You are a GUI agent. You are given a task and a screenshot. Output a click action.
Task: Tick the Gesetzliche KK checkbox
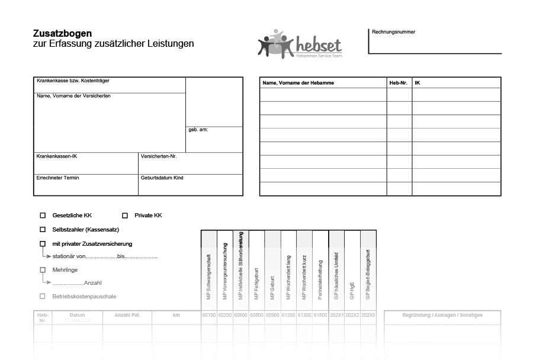pyautogui.click(x=43, y=216)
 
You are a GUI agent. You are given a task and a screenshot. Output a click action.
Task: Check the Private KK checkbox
pyautogui.click(x=125, y=216)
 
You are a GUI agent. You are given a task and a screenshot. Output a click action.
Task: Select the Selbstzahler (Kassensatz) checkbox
pyautogui.click(x=43, y=229)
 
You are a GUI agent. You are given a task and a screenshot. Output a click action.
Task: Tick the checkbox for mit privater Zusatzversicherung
pyautogui.click(x=43, y=243)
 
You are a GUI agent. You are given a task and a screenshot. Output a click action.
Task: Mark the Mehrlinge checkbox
pyautogui.click(x=43, y=270)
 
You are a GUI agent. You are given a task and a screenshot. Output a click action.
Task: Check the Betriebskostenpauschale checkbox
pyautogui.click(x=43, y=296)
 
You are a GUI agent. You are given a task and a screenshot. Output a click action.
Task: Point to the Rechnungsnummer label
pyautogui.click(x=393, y=32)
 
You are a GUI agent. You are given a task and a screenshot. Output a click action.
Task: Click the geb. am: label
pyautogui.click(x=198, y=130)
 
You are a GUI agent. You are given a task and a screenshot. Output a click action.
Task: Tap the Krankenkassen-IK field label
pyautogui.click(x=57, y=156)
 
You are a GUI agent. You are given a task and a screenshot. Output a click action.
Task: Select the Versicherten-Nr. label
pyautogui.click(x=159, y=156)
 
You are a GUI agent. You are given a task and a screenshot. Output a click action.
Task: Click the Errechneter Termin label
pyautogui.click(x=57, y=178)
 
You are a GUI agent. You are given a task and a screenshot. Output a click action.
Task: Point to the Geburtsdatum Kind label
pyautogui.click(x=162, y=178)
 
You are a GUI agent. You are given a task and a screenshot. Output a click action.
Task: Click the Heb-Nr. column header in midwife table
pyautogui.click(x=398, y=83)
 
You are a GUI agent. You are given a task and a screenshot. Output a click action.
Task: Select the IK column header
pyautogui.click(x=418, y=83)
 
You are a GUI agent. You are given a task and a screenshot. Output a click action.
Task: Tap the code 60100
pyautogui.click(x=209, y=315)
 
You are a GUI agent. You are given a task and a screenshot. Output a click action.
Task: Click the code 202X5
pyautogui.click(x=368, y=315)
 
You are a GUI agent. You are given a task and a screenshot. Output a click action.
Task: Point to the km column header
pyautogui.click(x=176, y=315)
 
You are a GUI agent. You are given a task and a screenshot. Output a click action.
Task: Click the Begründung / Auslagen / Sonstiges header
pyautogui.click(x=442, y=315)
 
